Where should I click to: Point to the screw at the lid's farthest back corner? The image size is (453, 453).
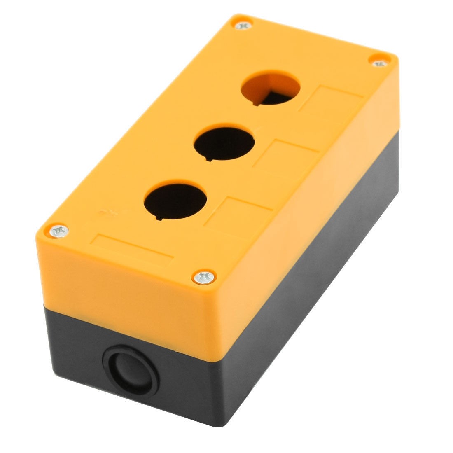(x=243, y=26)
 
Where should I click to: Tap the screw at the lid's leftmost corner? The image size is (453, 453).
(x=58, y=231)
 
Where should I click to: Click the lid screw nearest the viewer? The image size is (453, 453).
(x=204, y=277)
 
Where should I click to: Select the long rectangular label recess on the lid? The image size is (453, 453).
(x=134, y=249)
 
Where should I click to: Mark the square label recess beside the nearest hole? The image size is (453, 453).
(x=238, y=215)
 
